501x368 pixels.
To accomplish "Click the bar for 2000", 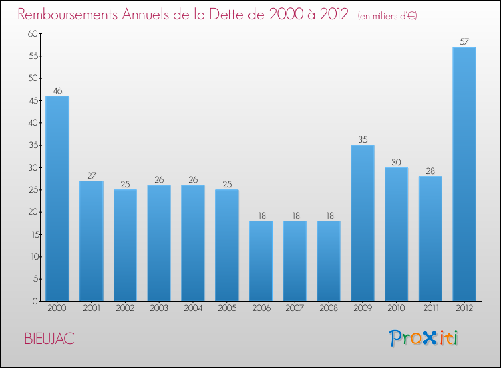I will coord(57,199).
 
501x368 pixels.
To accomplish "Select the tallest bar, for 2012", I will coord(464,174).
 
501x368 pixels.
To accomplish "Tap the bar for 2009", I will coord(362,223).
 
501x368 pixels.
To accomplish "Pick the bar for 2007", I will coord(295,261).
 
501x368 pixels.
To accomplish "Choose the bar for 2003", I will coord(159,243).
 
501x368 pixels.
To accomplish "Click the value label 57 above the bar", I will coord(464,41).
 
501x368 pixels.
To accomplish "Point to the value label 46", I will coord(57,90).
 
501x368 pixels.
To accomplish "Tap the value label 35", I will coord(362,140).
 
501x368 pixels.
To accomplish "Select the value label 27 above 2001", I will coord(91,175).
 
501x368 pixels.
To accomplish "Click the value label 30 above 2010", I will coord(396,162).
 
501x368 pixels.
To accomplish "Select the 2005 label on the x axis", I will coord(227,308).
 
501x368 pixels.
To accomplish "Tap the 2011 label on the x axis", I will coord(430,308).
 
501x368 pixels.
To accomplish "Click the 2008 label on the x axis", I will coord(329,308).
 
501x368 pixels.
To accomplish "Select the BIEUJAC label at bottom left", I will coord(49,339).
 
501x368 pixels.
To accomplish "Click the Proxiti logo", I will coord(424,338).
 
